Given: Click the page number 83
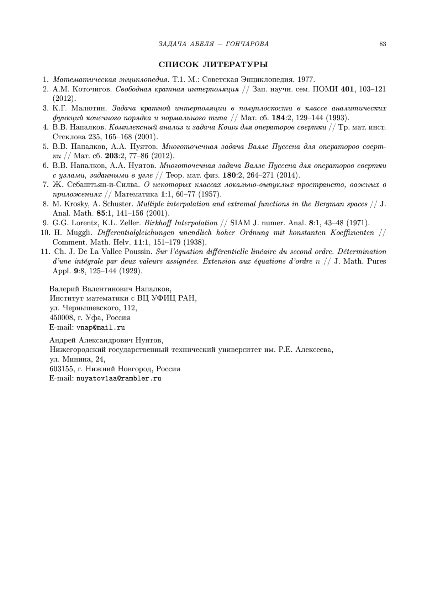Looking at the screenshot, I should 383,44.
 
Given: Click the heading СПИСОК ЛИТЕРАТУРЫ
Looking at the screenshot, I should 213,65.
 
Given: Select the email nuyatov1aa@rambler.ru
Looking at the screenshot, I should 119,379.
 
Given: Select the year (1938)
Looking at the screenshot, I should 195,242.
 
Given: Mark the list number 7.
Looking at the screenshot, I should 46,185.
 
